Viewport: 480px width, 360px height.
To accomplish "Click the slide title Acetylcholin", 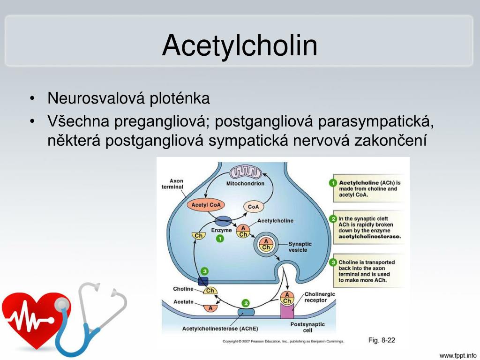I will (x=240, y=45).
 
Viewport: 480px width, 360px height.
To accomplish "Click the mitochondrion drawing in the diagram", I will (x=245, y=173).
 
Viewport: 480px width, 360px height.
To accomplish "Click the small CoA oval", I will (x=254, y=206).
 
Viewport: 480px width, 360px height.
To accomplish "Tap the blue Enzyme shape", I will (x=223, y=221).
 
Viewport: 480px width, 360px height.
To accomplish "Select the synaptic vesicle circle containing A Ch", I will (x=266, y=244).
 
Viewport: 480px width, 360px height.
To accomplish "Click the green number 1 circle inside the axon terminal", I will (x=219, y=239).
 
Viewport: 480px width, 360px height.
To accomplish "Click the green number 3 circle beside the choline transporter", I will (x=204, y=271).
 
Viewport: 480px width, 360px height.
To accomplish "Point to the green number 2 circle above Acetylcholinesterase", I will (x=246, y=303).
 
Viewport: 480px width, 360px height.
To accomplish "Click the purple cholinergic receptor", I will (x=287, y=311).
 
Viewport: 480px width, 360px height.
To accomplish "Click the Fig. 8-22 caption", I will (x=381, y=340).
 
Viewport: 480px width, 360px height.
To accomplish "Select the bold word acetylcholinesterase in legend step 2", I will (x=370, y=237).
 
